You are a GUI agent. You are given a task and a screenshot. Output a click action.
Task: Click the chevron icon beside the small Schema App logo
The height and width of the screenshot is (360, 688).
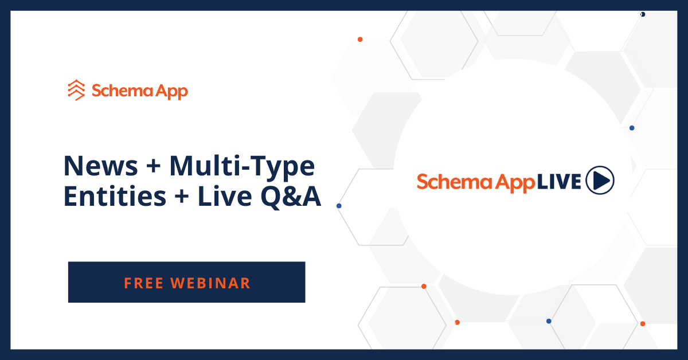76,90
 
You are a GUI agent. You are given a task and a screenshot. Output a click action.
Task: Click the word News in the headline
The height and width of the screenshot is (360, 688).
101,166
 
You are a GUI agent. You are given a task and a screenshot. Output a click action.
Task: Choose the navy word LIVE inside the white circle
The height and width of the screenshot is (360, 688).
559,181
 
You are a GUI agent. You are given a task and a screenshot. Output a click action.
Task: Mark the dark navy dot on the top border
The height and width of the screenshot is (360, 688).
643,14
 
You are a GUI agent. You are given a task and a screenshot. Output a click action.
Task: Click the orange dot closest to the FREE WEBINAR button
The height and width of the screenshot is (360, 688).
424,286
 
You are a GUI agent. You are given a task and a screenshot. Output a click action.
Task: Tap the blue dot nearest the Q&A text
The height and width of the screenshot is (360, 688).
339,205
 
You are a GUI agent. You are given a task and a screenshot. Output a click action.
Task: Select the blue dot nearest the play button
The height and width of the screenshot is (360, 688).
632,128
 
